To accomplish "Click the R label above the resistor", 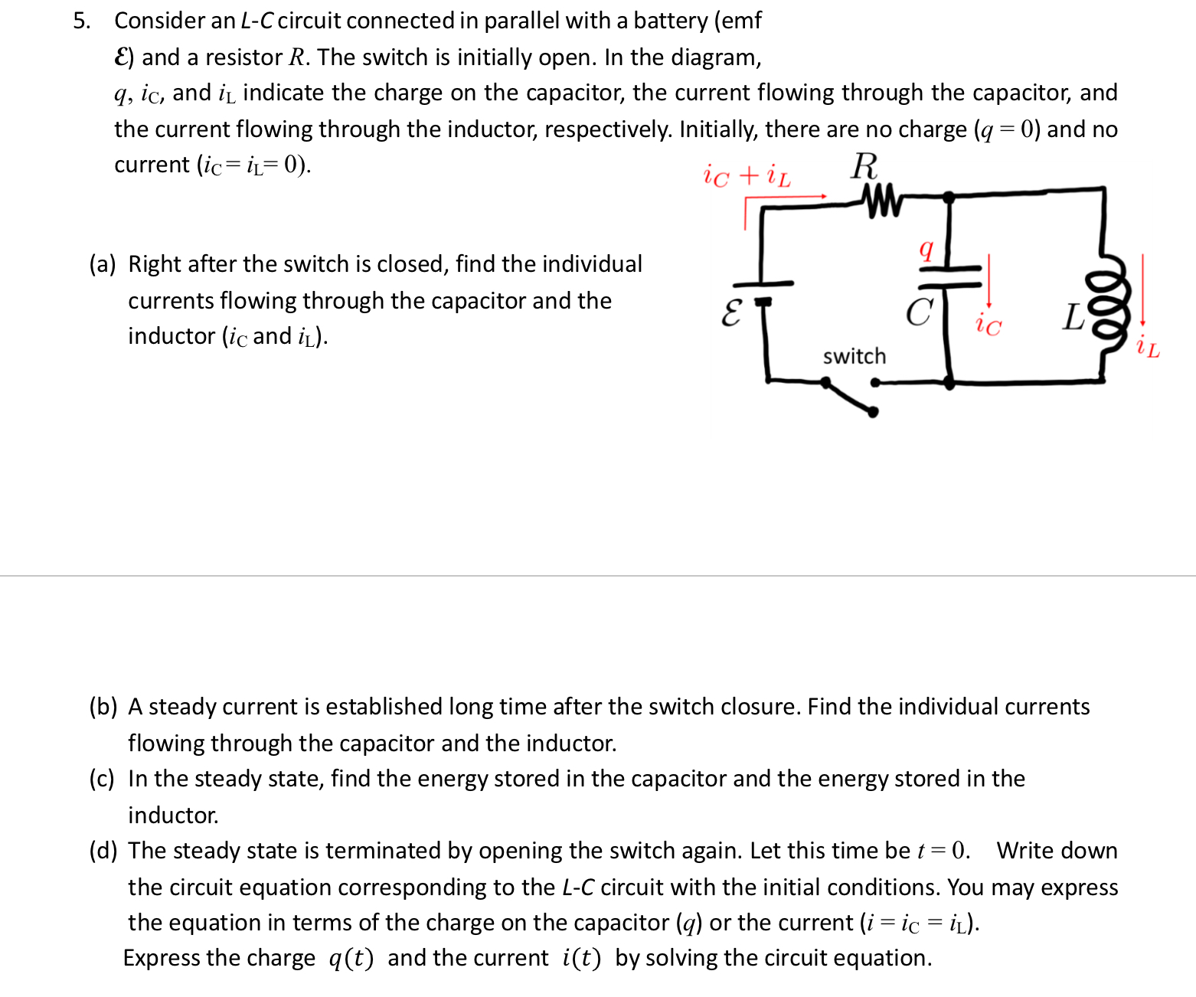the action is [x=864, y=165].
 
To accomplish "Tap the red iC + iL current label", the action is [x=747, y=175].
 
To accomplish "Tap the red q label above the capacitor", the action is [x=926, y=249].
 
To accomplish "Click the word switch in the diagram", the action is [x=855, y=356].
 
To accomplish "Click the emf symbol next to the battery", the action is [x=731, y=312].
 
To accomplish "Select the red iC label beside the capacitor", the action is [x=988, y=325].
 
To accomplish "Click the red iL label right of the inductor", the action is [x=1148, y=348].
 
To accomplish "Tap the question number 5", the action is [x=81, y=21].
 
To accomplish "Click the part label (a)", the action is [x=103, y=264].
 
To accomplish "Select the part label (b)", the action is [x=103, y=707].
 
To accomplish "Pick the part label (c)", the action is [x=102, y=779].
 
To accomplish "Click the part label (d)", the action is [x=103, y=851].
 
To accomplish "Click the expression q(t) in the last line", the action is [x=351, y=959].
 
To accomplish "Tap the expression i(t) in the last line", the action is [x=581, y=959].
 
